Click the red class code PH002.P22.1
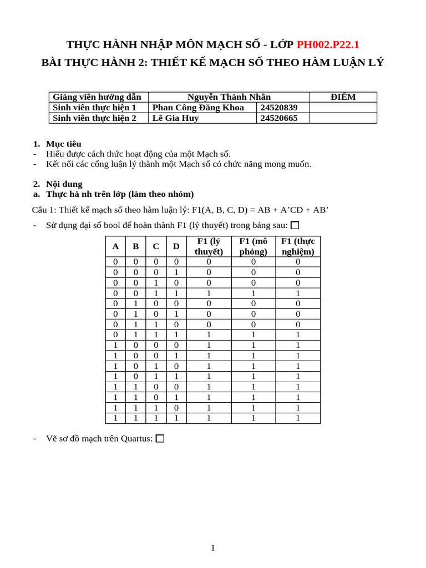(328, 44)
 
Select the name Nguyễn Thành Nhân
(229, 97)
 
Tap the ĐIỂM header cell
(343, 97)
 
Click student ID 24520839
(279, 108)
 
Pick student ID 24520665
(279, 118)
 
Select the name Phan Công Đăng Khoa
(198, 108)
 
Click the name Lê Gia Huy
(175, 118)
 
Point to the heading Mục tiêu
(63, 144)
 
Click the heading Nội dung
(64, 184)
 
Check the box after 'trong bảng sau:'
(295, 225)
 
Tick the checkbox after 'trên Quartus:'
(160, 439)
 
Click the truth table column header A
(115, 246)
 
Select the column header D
(176, 246)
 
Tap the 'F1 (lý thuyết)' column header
(209, 246)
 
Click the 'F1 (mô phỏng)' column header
(253, 246)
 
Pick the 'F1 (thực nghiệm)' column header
(298, 246)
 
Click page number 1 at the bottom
(212, 548)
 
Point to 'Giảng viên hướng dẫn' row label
(97, 97)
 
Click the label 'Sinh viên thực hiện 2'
(94, 118)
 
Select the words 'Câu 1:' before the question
(44, 210)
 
